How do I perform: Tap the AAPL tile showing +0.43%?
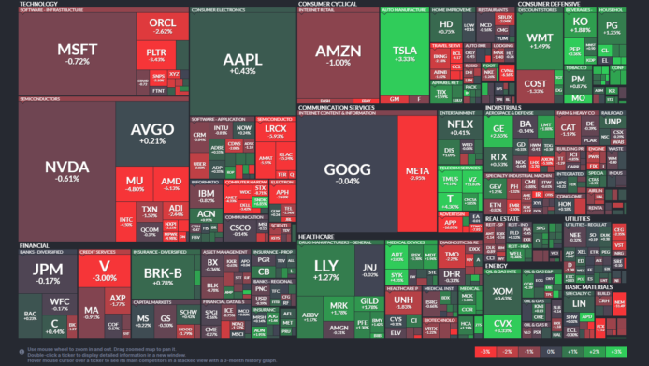pyautogui.click(x=239, y=64)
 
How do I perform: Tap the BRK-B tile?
pyautogui.click(x=165, y=274)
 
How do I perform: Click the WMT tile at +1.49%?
pyautogui.click(x=540, y=40)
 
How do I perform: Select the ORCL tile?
pyautogui.click(x=163, y=25)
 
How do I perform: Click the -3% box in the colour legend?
pyautogui.click(x=483, y=350)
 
